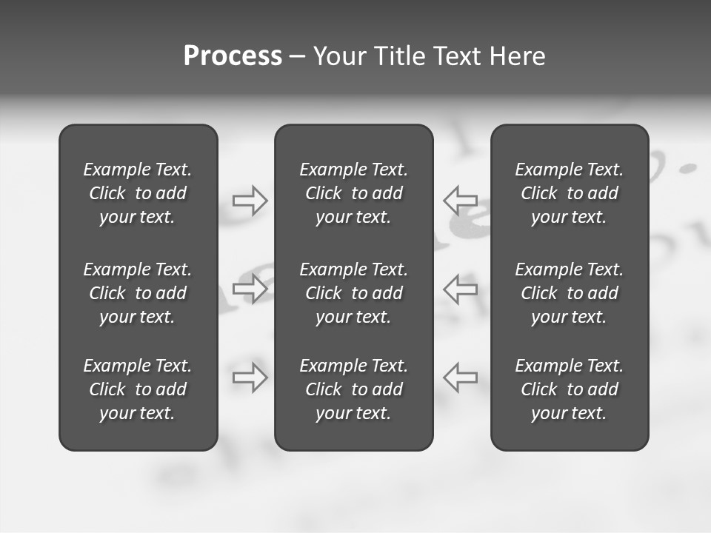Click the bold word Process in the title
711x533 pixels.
pyautogui.click(x=233, y=56)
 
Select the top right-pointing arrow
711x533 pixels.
pyautogui.click(x=250, y=201)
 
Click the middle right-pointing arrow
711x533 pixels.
pyautogui.click(x=250, y=288)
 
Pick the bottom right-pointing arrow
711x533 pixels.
pyautogui.click(x=250, y=377)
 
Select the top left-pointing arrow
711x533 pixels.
pyautogui.click(x=461, y=201)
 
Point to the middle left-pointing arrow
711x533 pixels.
pyautogui.click(x=461, y=288)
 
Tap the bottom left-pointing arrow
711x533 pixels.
pyautogui.click(x=461, y=377)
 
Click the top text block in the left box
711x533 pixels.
pyautogui.click(x=138, y=193)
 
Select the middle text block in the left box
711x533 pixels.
pyautogui.click(x=138, y=293)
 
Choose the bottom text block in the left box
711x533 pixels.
pyautogui.click(x=138, y=389)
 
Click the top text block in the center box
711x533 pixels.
pyautogui.click(x=353, y=193)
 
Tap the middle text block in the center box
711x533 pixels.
pyautogui.click(x=353, y=293)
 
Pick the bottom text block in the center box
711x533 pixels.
pyautogui.click(x=353, y=389)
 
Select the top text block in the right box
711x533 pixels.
pyautogui.click(x=569, y=193)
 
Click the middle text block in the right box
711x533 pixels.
pyautogui.click(x=569, y=293)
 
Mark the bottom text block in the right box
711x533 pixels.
pyautogui.click(x=569, y=389)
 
